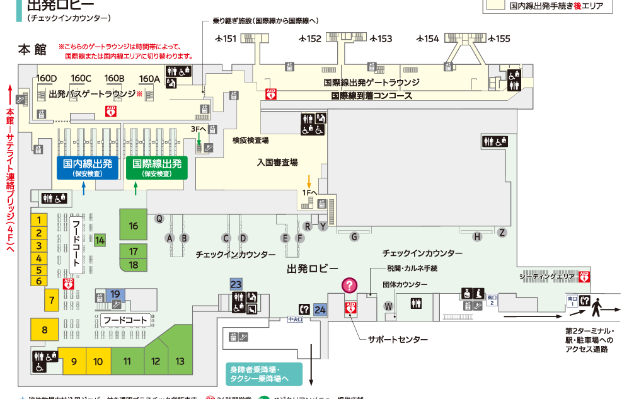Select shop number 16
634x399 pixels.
(x=134, y=225)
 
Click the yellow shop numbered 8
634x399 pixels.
(x=45, y=330)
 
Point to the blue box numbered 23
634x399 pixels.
(x=236, y=284)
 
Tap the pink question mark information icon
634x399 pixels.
(x=350, y=286)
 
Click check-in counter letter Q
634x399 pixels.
(x=159, y=219)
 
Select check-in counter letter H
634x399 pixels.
(x=478, y=236)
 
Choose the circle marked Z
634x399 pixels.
(x=502, y=232)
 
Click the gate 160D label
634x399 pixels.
(x=47, y=78)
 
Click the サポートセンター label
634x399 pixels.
(x=398, y=340)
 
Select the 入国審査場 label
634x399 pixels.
(x=277, y=162)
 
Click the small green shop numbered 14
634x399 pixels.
(x=100, y=240)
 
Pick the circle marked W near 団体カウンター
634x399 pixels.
(x=389, y=306)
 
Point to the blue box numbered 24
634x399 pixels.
(x=321, y=309)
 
